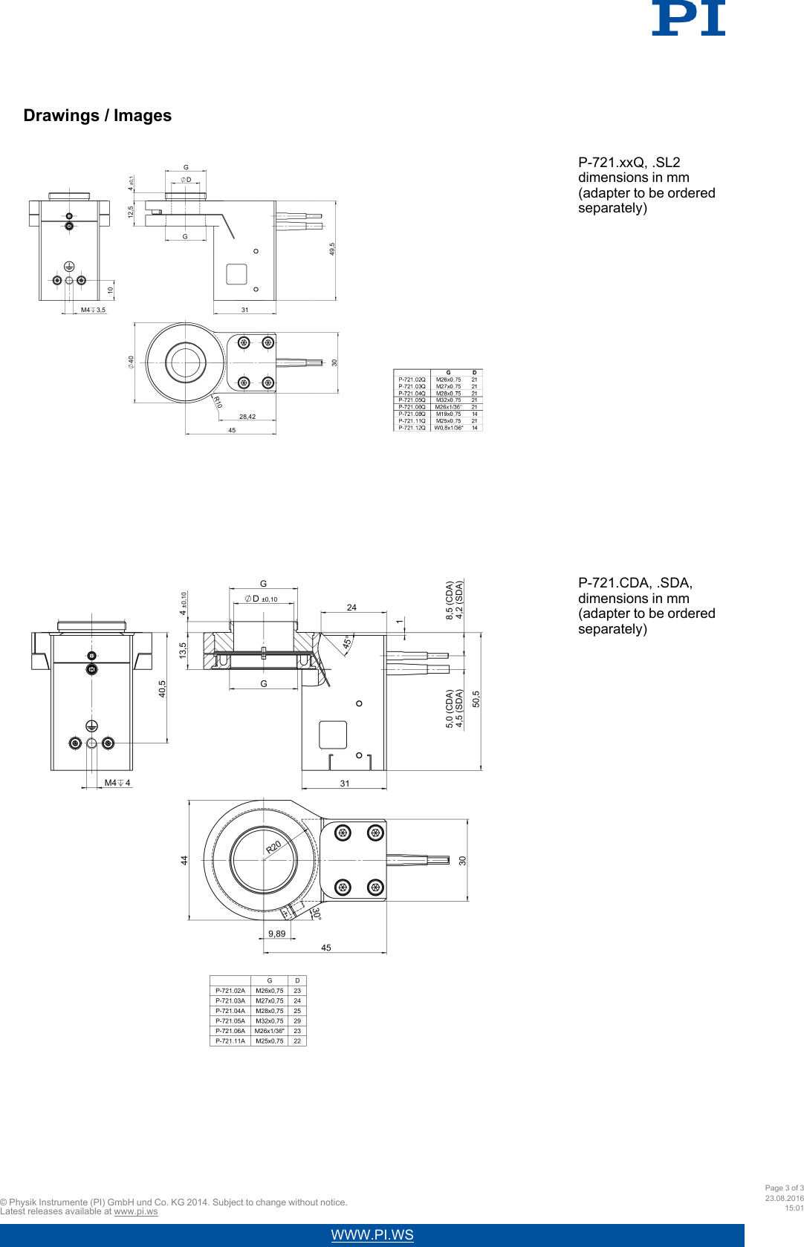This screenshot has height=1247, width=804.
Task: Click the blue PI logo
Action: (x=688, y=18)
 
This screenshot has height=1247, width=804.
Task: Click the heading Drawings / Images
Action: (x=97, y=116)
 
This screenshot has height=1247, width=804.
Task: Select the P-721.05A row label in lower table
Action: (x=230, y=1021)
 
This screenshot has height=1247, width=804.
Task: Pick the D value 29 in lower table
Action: (x=297, y=1021)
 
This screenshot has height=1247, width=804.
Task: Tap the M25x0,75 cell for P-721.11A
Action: (x=269, y=1041)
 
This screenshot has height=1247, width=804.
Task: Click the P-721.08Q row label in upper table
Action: (x=412, y=414)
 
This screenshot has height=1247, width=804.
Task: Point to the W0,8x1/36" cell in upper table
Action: (x=448, y=428)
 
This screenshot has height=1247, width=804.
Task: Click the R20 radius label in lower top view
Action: (x=273, y=847)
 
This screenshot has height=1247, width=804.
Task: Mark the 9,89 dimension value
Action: (x=276, y=934)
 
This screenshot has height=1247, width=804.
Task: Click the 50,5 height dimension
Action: (x=476, y=699)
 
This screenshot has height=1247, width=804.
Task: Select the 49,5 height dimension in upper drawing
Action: (x=332, y=249)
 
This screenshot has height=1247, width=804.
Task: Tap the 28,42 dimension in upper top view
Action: (x=247, y=417)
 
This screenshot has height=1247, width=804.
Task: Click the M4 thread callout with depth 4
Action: (x=117, y=783)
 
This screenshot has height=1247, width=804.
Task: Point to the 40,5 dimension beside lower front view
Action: (x=162, y=688)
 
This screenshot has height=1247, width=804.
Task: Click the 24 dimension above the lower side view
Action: (x=351, y=608)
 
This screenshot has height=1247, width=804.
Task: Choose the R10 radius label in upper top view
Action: (x=218, y=402)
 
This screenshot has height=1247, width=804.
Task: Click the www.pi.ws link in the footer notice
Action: (x=136, y=1211)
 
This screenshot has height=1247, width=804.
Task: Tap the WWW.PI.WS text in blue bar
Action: (x=372, y=1235)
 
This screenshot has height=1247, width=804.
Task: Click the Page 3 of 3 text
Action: (x=784, y=1188)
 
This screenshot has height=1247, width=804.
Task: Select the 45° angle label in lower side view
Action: (x=347, y=642)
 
